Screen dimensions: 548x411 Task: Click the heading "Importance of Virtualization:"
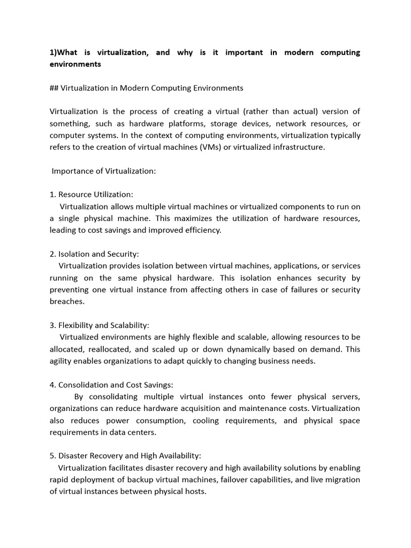[x=103, y=171]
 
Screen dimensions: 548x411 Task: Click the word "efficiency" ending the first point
[x=201, y=230]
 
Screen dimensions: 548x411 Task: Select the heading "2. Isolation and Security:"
[x=94, y=254]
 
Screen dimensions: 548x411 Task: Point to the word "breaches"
[x=66, y=301]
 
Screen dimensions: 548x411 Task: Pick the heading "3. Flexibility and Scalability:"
[x=100, y=325]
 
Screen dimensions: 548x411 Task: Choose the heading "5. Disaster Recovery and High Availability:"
[x=125, y=455]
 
